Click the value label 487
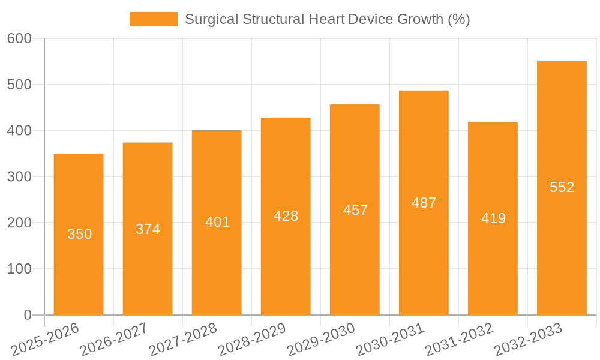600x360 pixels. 424,203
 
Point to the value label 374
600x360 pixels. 148,229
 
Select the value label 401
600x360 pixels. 217,222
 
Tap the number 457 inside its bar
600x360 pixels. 355,210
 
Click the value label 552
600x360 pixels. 562,187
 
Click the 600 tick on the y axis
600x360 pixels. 19,38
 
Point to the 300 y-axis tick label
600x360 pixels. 19,176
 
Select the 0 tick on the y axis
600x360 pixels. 28,315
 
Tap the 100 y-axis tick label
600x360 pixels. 19,269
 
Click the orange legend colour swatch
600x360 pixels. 154,19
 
